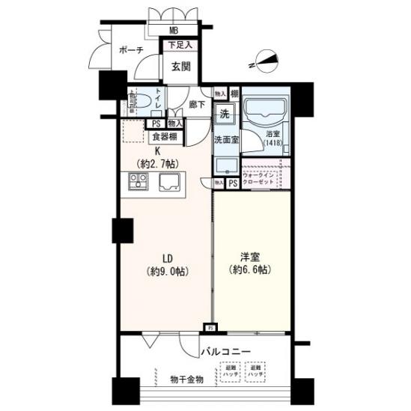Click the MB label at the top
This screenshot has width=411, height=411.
tap(174, 31)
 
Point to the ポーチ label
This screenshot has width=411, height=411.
tap(132, 50)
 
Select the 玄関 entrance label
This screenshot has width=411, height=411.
tap(180, 67)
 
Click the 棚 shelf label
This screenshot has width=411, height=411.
tap(234, 94)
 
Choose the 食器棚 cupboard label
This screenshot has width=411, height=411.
tap(165, 137)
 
